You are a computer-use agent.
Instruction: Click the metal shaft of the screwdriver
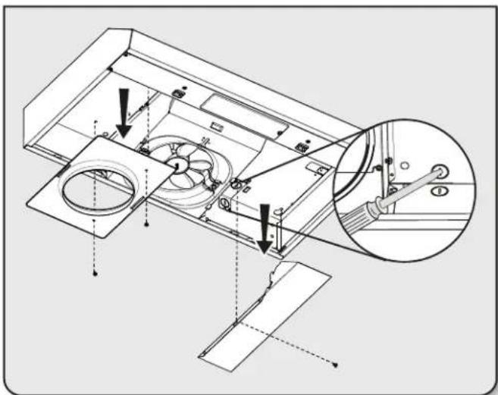(406, 185)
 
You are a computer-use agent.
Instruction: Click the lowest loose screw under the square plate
(94, 275)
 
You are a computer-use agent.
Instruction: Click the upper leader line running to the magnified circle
(303, 152)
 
